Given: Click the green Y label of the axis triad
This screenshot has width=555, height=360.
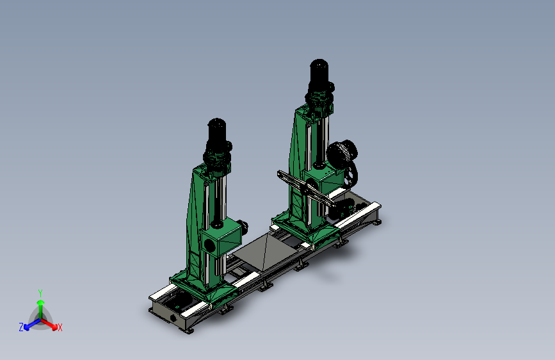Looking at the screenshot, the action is pyautogui.click(x=40, y=293).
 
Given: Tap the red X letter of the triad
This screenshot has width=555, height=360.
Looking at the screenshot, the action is pyautogui.click(x=60, y=327).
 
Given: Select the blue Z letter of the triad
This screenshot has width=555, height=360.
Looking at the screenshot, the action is pyautogui.click(x=21, y=327).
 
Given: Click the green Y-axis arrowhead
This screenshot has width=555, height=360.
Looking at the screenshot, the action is pyautogui.click(x=41, y=303).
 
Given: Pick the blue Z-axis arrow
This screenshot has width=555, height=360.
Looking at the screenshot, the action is pyautogui.click(x=33, y=323).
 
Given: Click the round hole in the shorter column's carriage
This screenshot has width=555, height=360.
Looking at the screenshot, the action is pyautogui.click(x=209, y=245).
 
